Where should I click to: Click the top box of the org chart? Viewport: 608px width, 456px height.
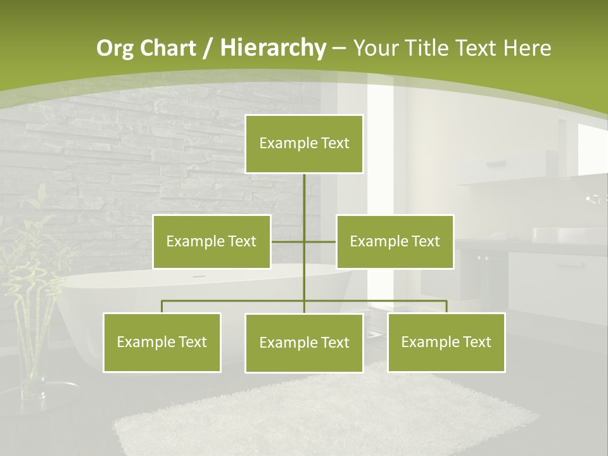(x=304, y=144)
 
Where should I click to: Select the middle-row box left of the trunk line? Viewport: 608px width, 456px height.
(x=212, y=241)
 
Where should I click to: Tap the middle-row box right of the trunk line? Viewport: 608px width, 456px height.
(x=395, y=241)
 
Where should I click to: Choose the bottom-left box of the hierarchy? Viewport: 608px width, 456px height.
(x=162, y=342)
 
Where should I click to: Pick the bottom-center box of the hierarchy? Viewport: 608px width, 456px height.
(x=304, y=343)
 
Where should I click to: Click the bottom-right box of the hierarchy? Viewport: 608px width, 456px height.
(x=446, y=342)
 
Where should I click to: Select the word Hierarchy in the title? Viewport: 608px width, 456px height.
(x=273, y=48)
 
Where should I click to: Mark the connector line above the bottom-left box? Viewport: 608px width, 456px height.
(x=162, y=307)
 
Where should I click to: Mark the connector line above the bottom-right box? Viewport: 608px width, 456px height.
(x=446, y=307)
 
